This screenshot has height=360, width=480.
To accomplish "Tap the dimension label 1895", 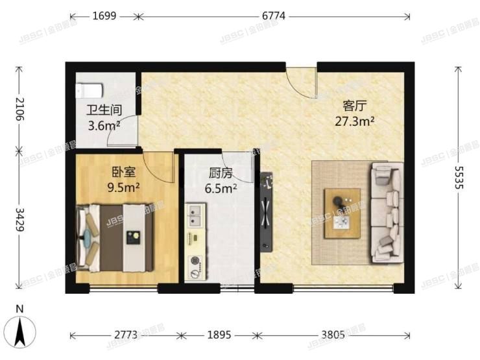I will [x=219, y=335].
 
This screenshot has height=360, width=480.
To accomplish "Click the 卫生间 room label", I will [x=104, y=111].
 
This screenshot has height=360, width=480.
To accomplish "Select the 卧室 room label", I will [x=123, y=173].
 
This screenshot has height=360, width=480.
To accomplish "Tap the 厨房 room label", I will [x=221, y=173].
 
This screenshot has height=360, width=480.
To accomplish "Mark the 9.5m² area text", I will [x=123, y=187].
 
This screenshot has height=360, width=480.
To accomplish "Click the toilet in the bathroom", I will [x=90, y=91].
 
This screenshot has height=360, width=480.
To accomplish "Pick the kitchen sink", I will [x=195, y=213].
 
